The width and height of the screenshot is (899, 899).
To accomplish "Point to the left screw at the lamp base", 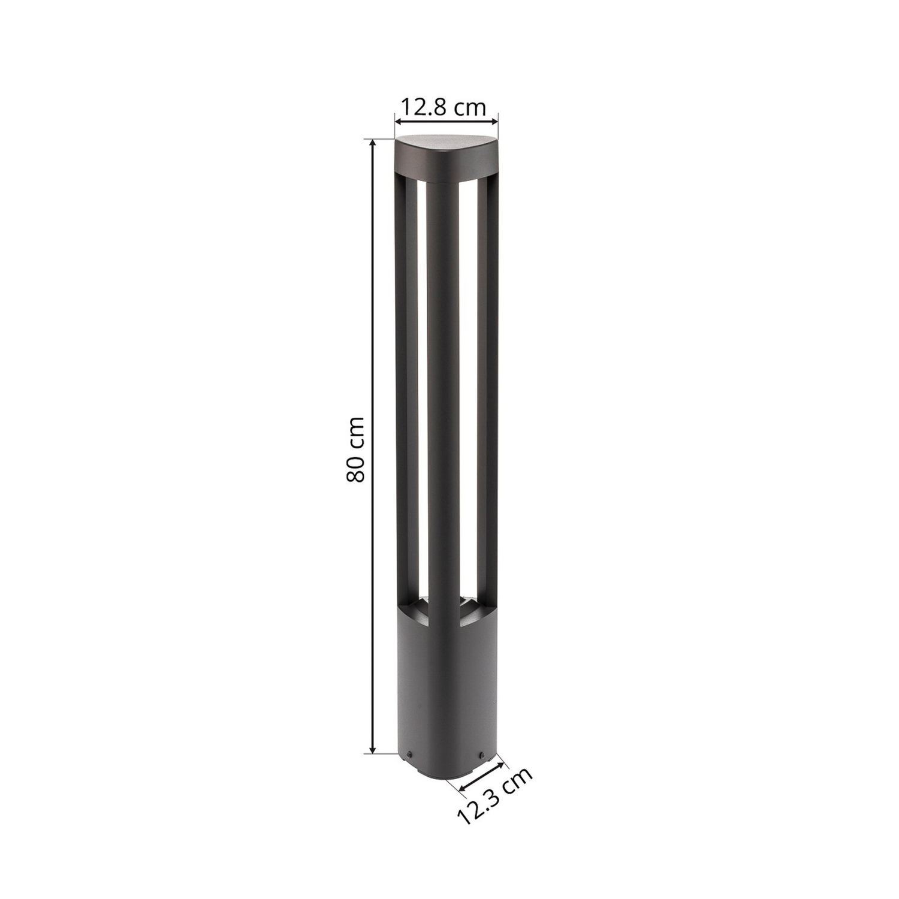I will tap(409, 755).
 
